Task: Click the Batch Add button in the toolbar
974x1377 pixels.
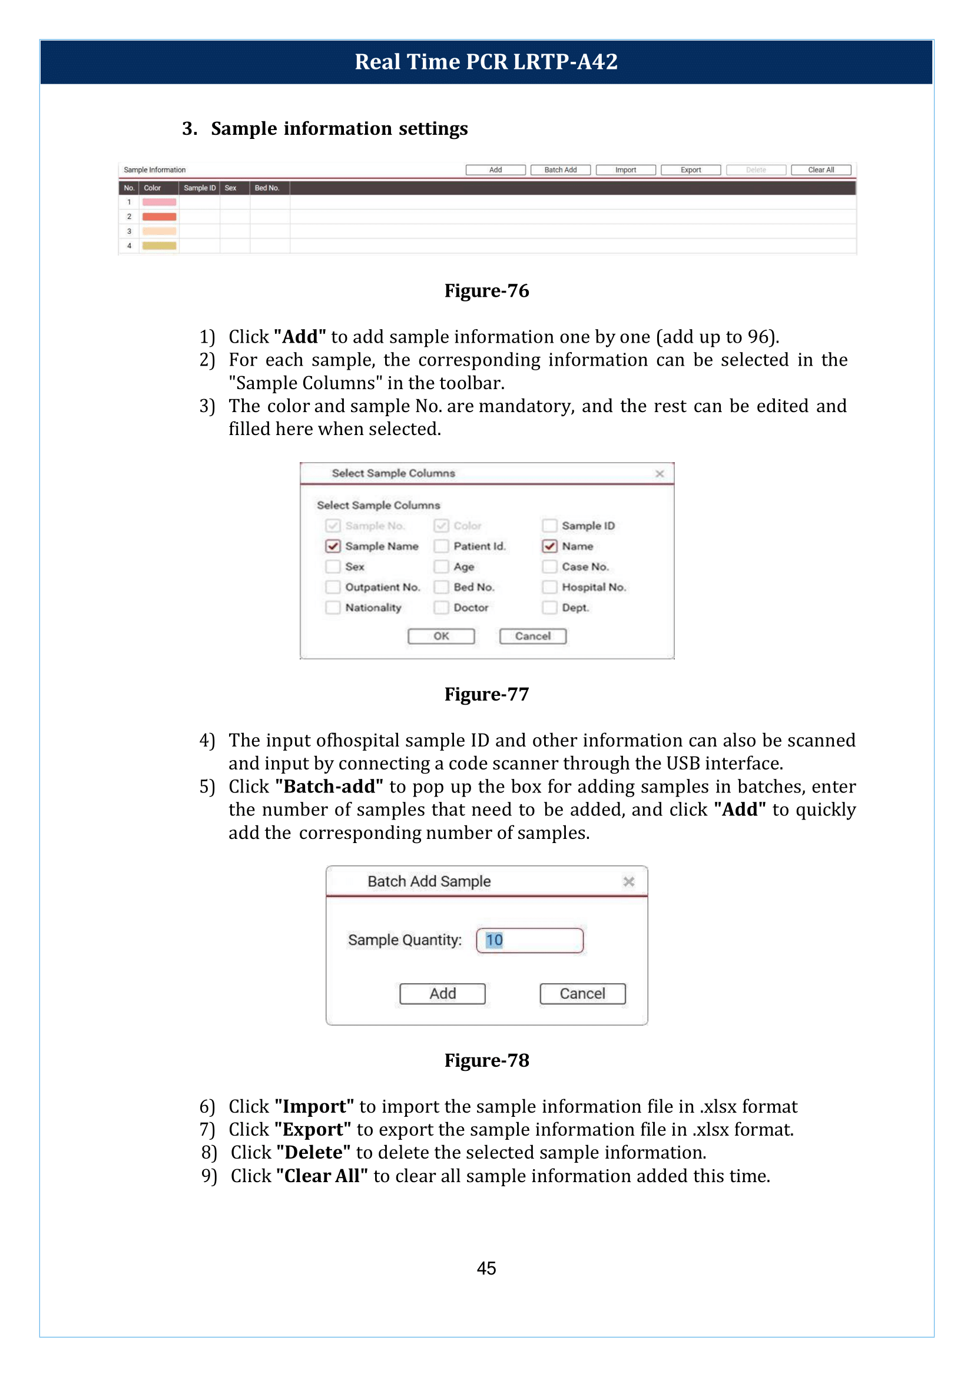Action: click(560, 170)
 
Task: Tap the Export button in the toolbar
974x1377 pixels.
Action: click(690, 170)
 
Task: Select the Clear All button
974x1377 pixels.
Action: click(820, 170)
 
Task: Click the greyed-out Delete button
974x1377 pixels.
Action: click(756, 170)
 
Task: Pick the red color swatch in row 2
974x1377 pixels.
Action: click(159, 217)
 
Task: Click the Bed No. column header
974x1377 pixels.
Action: click(267, 188)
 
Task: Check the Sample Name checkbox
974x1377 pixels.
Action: click(333, 546)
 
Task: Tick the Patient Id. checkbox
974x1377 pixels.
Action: click(442, 546)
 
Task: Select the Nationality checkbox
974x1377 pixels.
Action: click(333, 608)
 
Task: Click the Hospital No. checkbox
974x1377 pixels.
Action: click(549, 587)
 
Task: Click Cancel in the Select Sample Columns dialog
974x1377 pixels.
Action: click(532, 636)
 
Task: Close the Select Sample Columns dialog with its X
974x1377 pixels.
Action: click(660, 473)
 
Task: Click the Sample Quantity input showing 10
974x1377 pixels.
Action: click(529, 940)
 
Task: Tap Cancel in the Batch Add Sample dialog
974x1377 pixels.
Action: click(582, 993)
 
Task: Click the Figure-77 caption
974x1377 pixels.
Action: click(486, 694)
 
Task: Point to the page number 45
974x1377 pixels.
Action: click(486, 1267)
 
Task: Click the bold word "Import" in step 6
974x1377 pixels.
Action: click(314, 1106)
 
